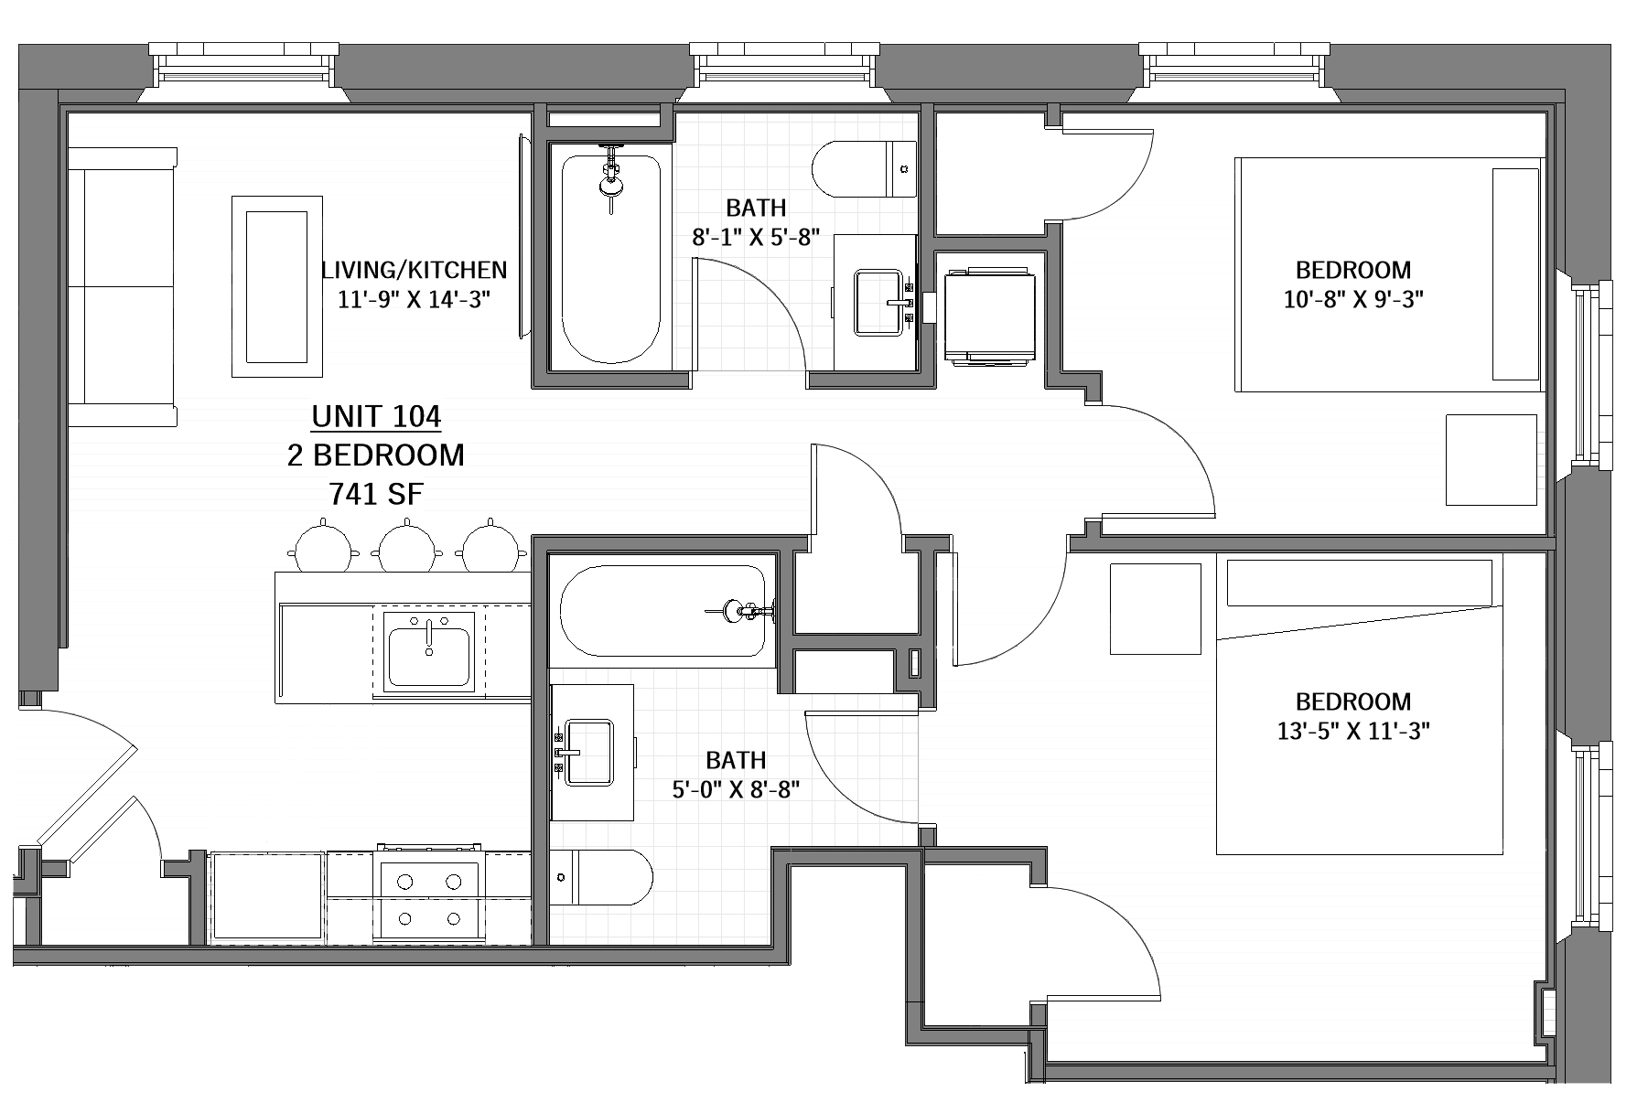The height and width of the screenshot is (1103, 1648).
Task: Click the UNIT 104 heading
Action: click(x=376, y=416)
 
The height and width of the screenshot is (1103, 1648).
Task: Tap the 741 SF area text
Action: click(x=376, y=494)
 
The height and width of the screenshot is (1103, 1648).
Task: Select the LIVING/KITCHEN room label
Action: click(x=414, y=270)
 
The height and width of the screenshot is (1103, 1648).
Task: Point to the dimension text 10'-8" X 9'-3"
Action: click(x=1353, y=299)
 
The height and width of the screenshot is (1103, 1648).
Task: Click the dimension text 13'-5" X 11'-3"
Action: click(x=1353, y=731)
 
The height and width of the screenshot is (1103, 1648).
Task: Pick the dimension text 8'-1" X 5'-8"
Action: click(x=755, y=237)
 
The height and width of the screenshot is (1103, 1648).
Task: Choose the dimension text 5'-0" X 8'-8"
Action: click(x=737, y=789)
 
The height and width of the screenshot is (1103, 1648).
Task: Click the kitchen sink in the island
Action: click(x=429, y=651)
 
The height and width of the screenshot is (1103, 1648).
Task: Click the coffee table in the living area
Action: click(x=277, y=285)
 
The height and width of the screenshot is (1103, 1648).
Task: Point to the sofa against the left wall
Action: click(x=121, y=288)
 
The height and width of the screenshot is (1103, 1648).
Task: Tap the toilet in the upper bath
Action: click(x=864, y=169)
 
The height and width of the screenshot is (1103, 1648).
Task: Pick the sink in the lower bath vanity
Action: click(x=588, y=752)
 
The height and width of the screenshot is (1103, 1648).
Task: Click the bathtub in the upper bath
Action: click(x=610, y=260)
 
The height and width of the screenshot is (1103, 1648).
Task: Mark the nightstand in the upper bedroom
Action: click(x=1491, y=460)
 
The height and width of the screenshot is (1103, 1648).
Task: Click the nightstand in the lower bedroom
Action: click(x=1155, y=608)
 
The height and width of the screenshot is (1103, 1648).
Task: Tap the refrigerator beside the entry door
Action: click(x=267, y=898)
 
